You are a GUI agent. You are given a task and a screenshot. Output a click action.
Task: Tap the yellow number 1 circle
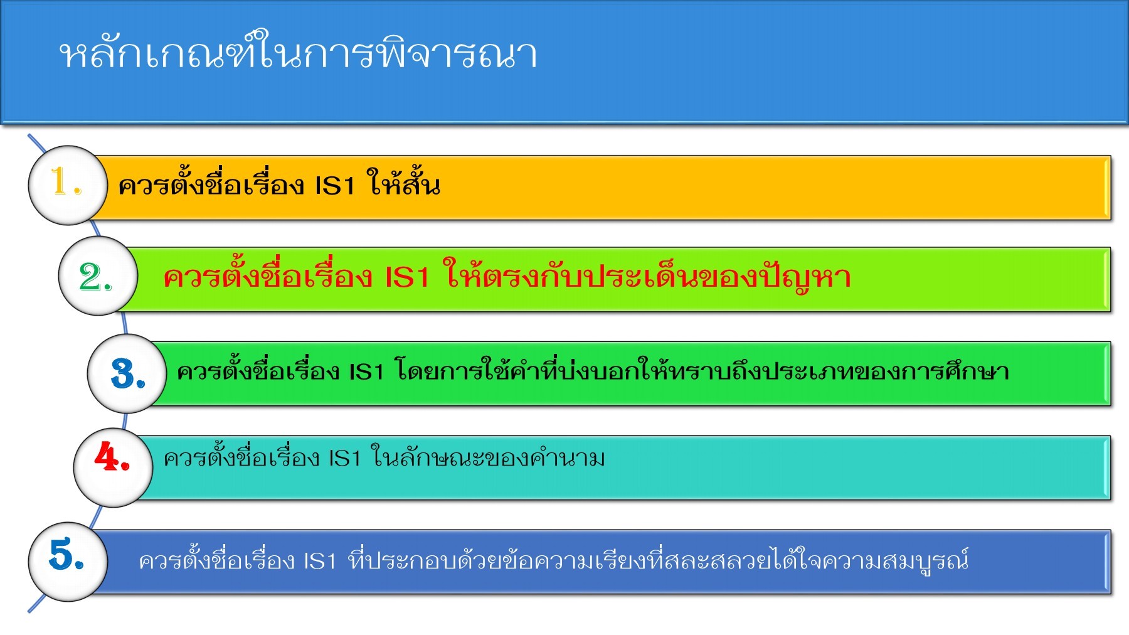point(68,185)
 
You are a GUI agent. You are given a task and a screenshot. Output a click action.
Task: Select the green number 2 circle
point(97,276)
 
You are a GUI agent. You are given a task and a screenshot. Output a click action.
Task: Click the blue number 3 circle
point(127,373)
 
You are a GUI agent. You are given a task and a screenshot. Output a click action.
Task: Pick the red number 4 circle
point(113,467)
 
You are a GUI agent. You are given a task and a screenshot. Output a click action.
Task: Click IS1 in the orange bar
point(334,186)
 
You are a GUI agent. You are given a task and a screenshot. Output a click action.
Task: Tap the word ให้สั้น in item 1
point(403,184)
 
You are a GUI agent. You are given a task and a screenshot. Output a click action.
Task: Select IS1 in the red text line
point(406,277)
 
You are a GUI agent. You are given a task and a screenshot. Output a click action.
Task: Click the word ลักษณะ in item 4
point(448,459)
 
